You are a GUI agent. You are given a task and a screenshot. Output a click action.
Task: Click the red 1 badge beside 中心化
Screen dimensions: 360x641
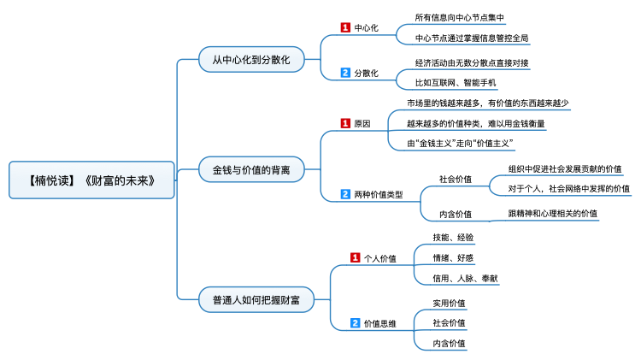(345, 27)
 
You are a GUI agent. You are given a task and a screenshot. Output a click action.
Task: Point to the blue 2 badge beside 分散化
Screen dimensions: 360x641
(345, 73)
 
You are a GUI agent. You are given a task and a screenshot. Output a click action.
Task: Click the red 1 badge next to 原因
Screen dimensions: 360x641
(345, 123)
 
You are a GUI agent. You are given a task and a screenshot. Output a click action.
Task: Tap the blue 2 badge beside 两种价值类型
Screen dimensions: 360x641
(345, 194)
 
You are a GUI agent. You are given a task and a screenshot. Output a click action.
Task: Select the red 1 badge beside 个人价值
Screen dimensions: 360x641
(356, 257)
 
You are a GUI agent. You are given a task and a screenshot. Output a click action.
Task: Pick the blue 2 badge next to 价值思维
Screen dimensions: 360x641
(356, 323)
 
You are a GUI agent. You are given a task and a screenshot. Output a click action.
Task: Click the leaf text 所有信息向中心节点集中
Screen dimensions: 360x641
(459, 16)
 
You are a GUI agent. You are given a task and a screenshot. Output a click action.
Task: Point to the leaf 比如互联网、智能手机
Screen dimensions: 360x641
(455, 83)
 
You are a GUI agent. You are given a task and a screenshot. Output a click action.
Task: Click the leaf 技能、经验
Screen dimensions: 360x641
(453, 237)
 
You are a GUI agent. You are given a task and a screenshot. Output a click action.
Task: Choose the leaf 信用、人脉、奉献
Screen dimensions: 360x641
(465, 278)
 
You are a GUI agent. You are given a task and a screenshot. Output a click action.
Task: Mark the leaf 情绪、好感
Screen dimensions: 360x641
(453, 257)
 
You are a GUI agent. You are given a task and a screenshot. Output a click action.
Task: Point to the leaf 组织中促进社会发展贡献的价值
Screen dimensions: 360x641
(565, 168)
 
